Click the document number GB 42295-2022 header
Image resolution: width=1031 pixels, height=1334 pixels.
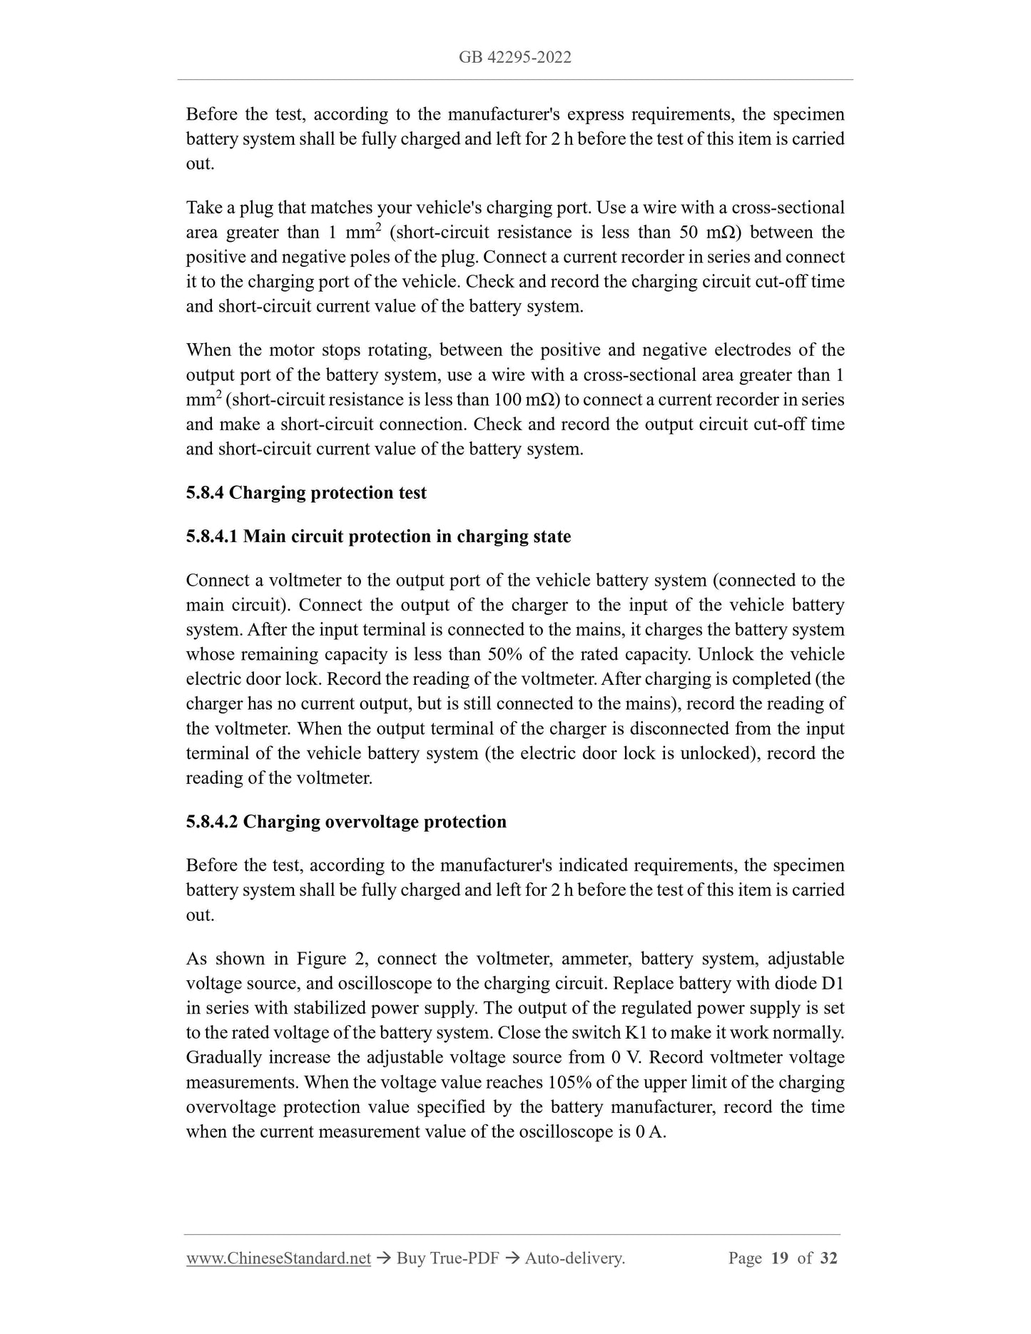point(514,58)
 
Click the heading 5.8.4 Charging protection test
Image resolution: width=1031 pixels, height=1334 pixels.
point(306,493)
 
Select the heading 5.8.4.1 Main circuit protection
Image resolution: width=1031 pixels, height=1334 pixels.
point(378,536)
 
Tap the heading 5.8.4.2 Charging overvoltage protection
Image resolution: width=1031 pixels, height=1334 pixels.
point(346,822)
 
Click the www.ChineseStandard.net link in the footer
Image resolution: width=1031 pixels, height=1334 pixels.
point(278,1258)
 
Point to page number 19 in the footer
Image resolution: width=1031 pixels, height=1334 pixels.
point(779,1258)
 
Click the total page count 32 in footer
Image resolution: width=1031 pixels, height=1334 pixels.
point(828,1258)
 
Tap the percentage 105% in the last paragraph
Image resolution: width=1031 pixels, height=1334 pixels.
point(569,1083)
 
